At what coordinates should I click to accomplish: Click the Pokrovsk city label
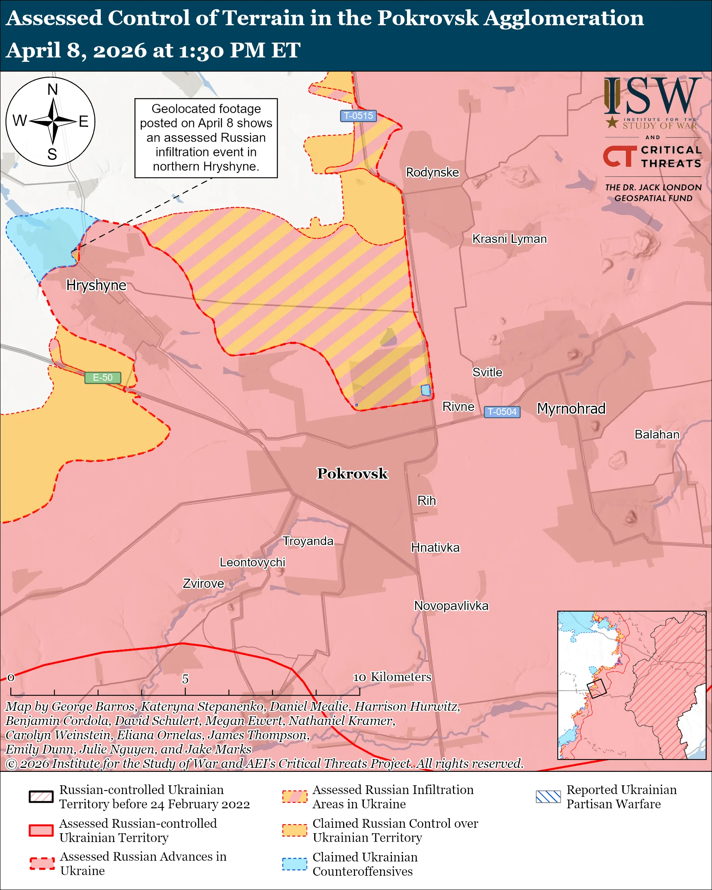(352, 474)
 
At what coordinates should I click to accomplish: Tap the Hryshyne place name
(96, 285)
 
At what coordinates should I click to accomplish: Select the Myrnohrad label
(571, 409)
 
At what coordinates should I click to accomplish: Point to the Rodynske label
(432, 172)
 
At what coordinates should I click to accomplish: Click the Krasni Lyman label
(509, 239)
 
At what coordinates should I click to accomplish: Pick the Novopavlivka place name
(451, 606)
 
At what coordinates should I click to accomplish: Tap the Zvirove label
(203, 584)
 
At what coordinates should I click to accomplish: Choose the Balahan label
(657, 435)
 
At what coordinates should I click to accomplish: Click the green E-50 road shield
(103, 377)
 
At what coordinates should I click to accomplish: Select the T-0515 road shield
(358, 115)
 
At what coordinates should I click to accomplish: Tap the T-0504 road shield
(502, 412)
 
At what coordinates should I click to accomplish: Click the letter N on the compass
(52, 89)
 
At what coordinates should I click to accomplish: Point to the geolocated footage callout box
(206, 138)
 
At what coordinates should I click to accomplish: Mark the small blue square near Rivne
(426, 390)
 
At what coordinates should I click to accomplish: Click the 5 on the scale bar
(185, 679)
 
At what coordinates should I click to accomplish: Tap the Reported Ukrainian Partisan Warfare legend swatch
(548, 797)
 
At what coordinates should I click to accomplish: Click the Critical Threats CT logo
(620, 156)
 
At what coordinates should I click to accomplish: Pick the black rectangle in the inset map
(596, 689)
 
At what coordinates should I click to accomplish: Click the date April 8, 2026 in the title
(77, 50)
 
